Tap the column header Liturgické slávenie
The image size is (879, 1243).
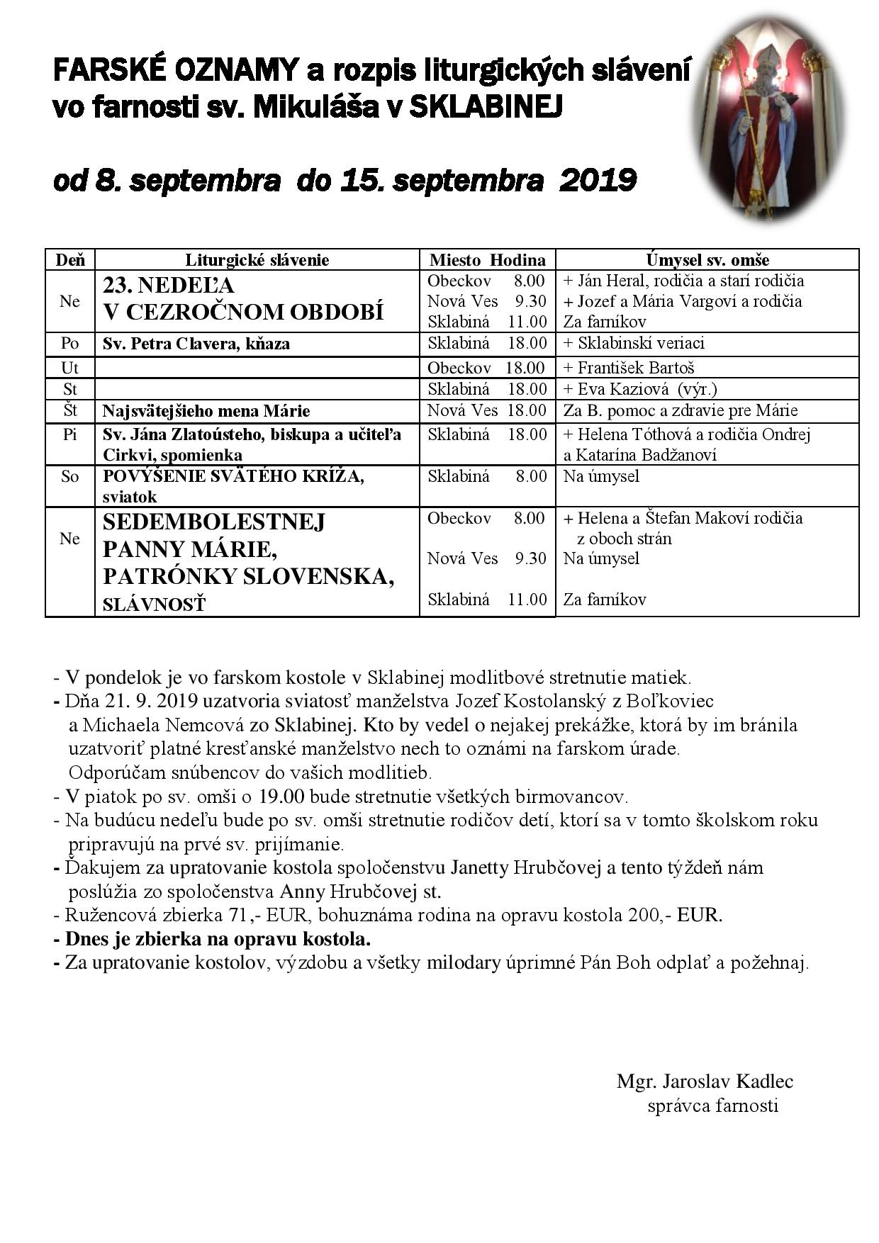tap(257, 260)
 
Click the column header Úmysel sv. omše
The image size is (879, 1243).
tap(707, 260)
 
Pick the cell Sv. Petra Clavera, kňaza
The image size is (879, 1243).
tap(196, 344)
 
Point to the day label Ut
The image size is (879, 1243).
tap(69, 368)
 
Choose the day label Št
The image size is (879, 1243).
tap(69, 411)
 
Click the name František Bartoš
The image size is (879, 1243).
tap(636, 368)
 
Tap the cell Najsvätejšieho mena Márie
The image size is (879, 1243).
tap(206, 411)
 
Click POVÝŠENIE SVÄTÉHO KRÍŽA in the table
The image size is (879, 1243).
tap(233, 476)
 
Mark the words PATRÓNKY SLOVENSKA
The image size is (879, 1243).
tap(249, 577)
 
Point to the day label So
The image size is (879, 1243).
tap(69, 476)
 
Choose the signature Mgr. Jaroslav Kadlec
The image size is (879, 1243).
tap(705, 1082)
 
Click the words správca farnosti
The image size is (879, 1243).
tap(712, 1106)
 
